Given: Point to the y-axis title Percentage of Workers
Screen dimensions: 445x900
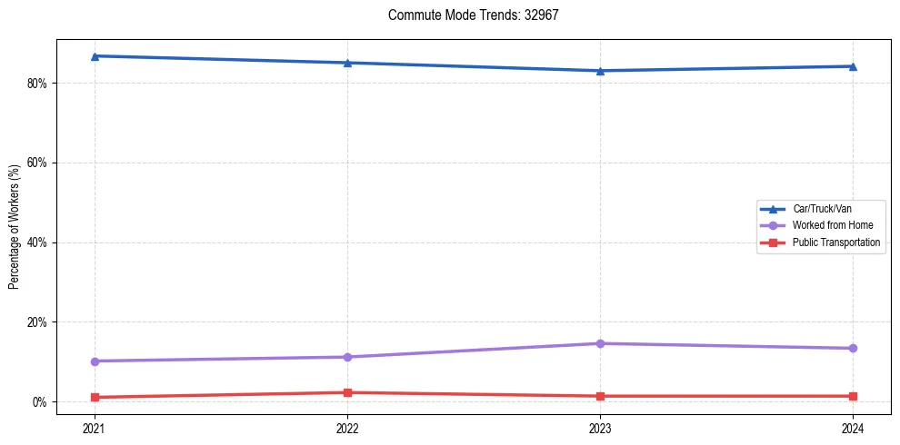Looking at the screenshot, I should [15, 226].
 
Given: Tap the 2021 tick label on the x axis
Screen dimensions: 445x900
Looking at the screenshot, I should [94, 428].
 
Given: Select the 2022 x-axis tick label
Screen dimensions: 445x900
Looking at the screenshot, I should [346, 428].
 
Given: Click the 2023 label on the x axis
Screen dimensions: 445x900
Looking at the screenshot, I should [600, 428].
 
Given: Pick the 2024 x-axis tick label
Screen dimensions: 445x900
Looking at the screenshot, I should [853, 428].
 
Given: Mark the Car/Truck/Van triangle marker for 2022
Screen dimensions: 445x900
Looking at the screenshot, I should [346, 63].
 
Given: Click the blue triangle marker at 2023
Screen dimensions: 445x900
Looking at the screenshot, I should [600, 71].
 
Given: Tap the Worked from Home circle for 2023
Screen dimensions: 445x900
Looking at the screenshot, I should [600, 343].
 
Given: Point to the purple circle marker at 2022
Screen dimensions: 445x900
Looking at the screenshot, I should [346, 357].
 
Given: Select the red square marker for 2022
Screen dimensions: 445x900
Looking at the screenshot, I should [346, 392].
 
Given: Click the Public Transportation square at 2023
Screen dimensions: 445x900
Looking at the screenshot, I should [600, 396].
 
